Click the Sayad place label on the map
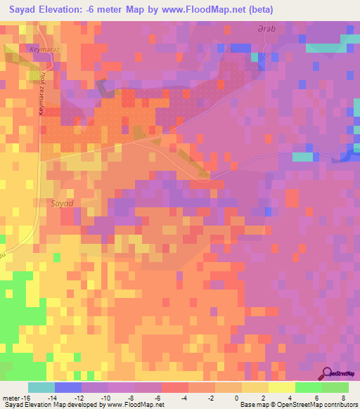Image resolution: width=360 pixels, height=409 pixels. point(62,202)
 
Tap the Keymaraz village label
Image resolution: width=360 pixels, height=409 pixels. point(42,50)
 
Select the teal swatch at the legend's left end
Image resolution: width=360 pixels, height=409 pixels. point(41,387)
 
